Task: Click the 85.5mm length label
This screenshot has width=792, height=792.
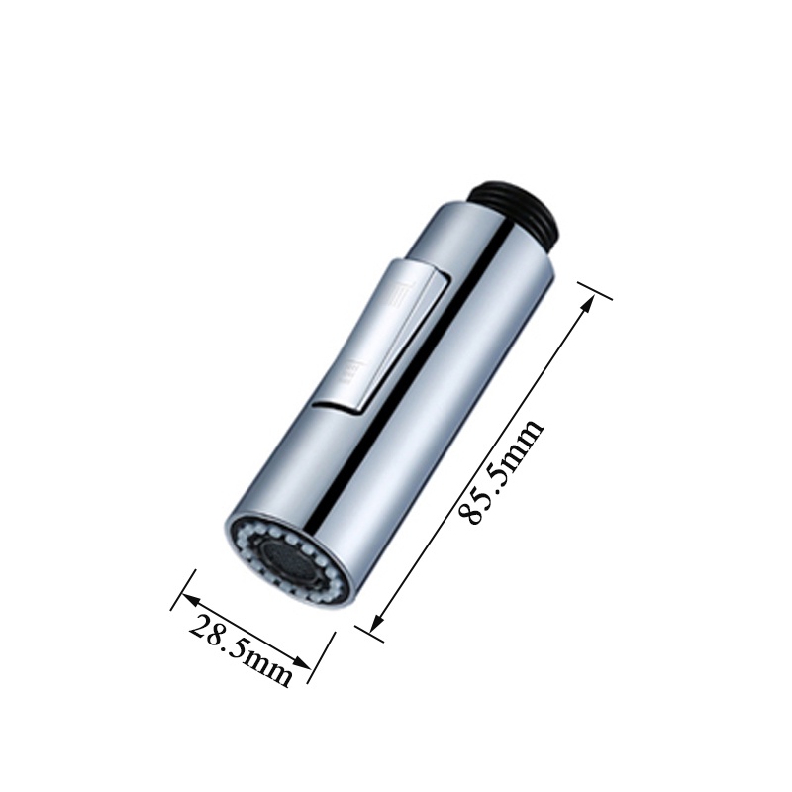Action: click(x=500, y=471)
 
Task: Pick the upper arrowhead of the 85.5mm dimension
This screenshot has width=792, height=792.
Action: click(x=586, y=305)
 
